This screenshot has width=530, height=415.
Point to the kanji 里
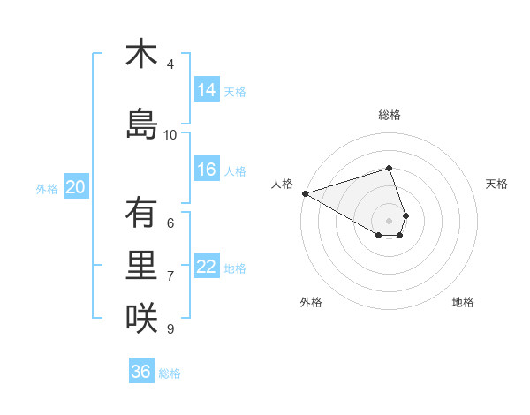(140, 266)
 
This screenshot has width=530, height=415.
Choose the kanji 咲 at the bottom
(140, 319)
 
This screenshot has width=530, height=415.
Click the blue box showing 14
(207, 89)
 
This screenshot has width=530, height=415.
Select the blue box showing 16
(207, 170)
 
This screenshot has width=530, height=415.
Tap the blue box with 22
(207, 267)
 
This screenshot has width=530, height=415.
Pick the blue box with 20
(75, 186)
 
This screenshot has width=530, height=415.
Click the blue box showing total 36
(140, 372)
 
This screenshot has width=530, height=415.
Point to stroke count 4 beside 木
(170, 64)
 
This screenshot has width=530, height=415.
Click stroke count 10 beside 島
(170, 135)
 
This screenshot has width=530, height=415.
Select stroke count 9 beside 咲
(170, 329)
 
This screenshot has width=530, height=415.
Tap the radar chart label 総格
(389, 115)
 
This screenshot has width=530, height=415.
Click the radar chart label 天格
(496, 184)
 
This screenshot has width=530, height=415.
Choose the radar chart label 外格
(311, 302)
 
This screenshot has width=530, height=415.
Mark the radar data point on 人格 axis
(305, 192)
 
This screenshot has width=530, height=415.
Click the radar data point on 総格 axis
(389, 168)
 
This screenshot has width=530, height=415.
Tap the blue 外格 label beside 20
(47, 188)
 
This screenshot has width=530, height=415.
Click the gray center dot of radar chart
(389, 220)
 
